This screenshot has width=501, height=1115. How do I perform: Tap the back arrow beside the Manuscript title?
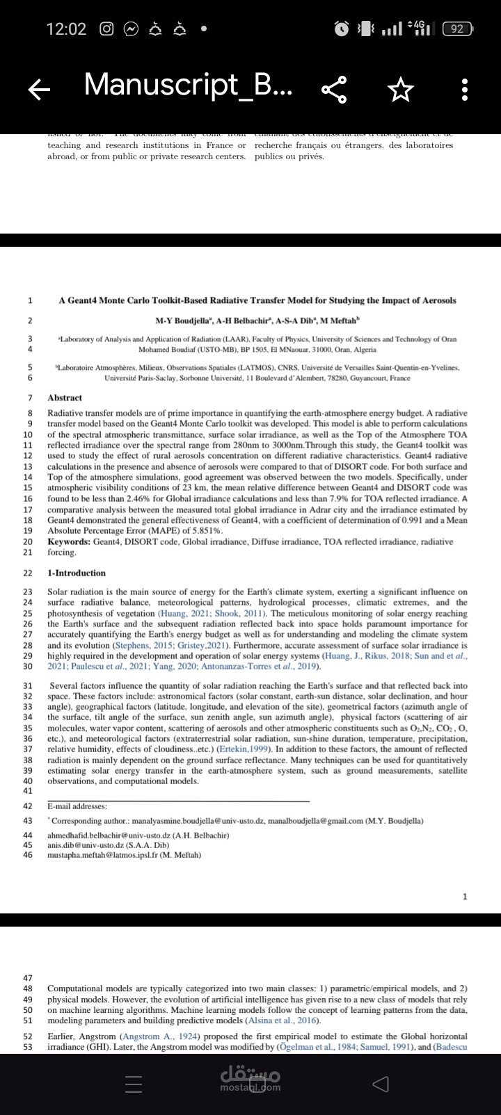pos(40,88)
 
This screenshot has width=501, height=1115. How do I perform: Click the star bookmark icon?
pos(400,88)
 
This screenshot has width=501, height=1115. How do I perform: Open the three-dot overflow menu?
pos(465,88)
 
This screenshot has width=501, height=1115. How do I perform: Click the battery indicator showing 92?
pos(457,29)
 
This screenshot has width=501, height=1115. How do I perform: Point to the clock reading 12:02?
pos(66,29)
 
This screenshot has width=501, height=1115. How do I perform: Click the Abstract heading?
pos(65,398)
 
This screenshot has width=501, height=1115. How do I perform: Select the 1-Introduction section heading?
pos(77,573)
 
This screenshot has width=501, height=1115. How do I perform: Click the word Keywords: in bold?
pos(69,542)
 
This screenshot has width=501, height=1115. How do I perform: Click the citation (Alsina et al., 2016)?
pos(283,1020)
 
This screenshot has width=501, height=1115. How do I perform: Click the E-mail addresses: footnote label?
pos(77,806)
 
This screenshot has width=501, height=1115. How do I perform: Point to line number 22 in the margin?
pos(28,573)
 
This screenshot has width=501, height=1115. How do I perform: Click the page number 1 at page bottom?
pos(465,896)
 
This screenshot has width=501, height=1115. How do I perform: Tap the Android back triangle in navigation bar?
pos(379,1083)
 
